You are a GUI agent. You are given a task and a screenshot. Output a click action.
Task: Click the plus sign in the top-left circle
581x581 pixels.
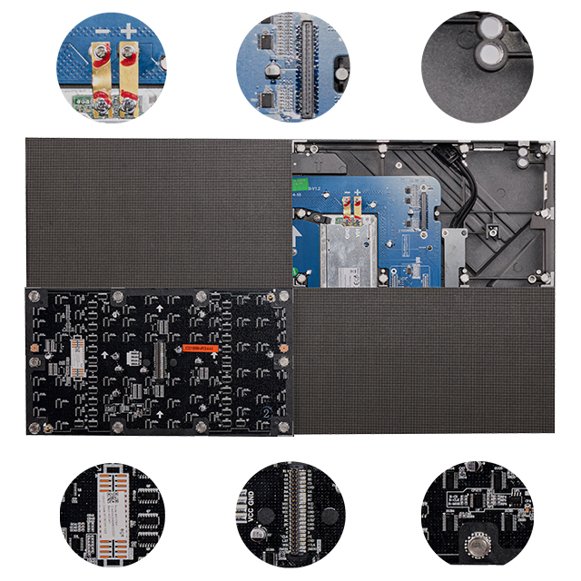pos(130,34)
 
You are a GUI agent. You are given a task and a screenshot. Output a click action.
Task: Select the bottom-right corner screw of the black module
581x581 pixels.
pos(282,427)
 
